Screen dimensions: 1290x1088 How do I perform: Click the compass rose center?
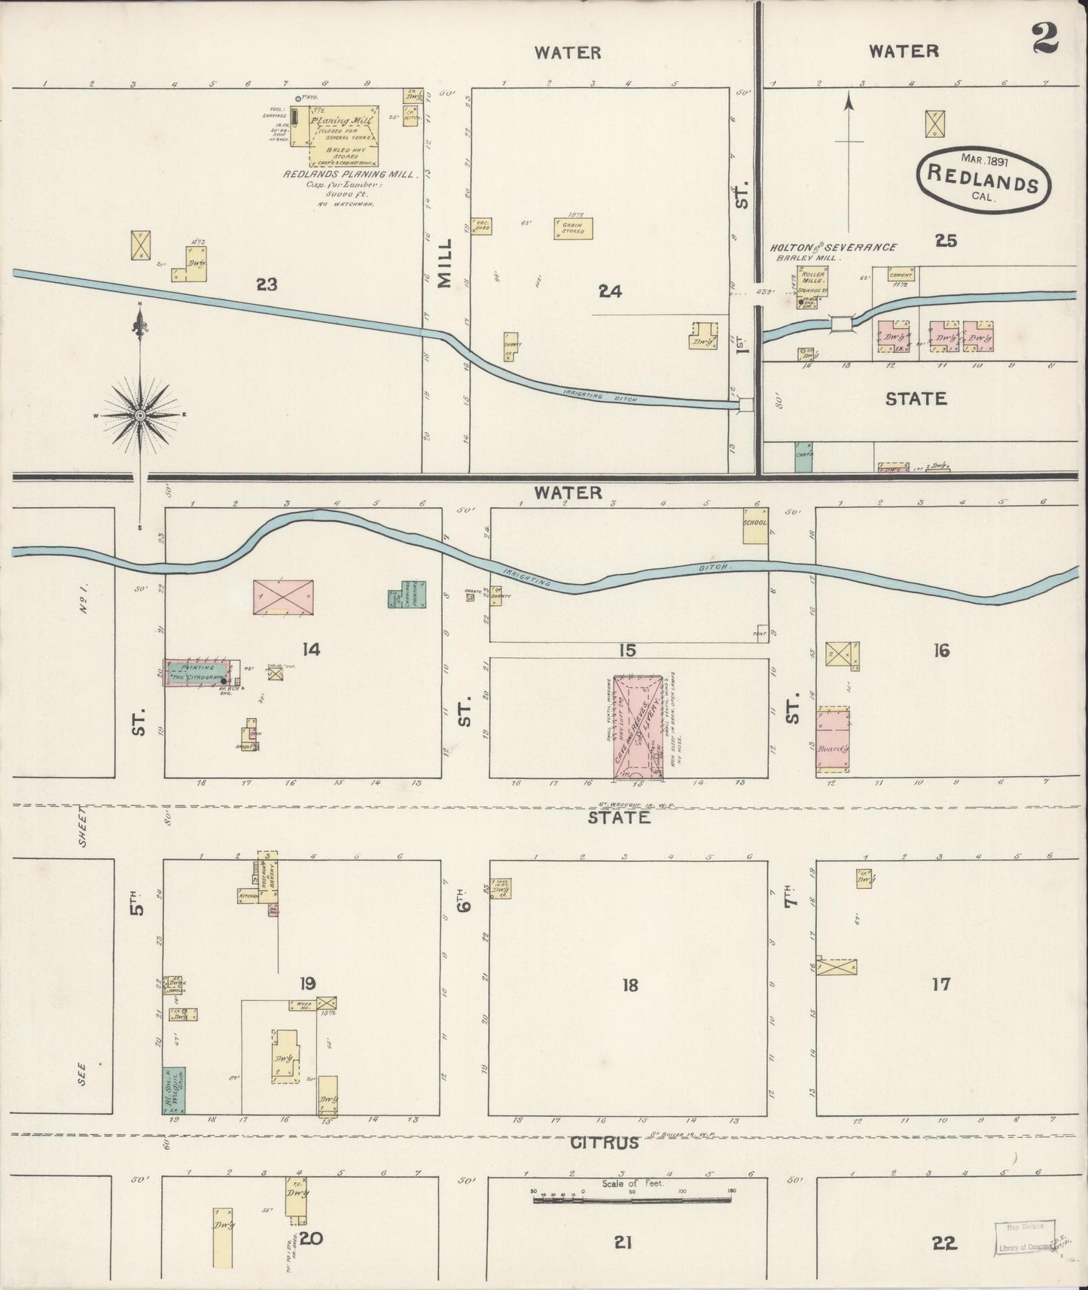click(140, 415)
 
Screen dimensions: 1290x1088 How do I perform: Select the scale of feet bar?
click(632, 1200)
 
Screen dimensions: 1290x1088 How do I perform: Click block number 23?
click(267, 284)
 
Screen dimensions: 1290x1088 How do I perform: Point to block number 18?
click(629, 984)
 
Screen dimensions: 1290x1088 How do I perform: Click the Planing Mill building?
click(335, 135)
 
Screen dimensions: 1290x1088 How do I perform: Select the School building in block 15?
click(754, 525)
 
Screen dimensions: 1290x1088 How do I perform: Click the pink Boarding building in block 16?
click(834, 740)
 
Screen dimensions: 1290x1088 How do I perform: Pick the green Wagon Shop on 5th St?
click(174, 1090)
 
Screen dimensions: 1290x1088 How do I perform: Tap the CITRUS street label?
click(605, 1142)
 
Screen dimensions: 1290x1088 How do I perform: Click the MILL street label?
click(445, 263)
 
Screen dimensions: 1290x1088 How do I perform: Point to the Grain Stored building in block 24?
click(573, 228)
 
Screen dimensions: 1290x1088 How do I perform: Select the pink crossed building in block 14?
click(283, 598)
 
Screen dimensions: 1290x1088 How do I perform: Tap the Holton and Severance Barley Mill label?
click(832, 251)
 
